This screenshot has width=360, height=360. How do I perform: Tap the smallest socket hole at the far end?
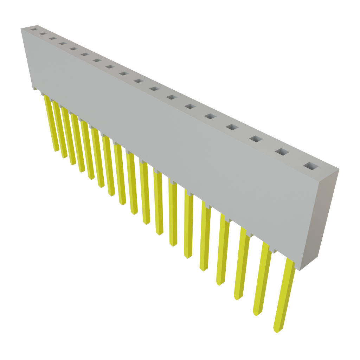point(33,30)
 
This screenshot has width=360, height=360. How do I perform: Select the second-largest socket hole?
point(282,152)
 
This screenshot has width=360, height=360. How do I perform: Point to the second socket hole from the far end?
point(43,34)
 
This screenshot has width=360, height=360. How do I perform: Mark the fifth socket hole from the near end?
point(210,116)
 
